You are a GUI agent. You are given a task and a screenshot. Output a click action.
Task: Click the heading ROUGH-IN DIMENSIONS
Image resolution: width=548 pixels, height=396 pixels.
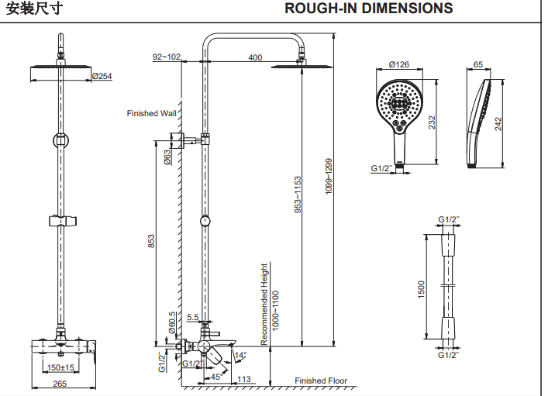pos(368,9)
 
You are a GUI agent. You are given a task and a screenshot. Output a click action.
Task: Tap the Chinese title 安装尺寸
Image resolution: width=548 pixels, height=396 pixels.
pos(30,9)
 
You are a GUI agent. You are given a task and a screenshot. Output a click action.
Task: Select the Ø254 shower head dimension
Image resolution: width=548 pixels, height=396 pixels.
pos(102,76)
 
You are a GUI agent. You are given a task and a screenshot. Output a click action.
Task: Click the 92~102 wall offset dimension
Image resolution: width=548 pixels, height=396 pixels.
pos(166,57)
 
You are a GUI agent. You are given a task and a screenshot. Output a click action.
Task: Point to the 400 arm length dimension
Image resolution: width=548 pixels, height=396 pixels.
pos(255,57)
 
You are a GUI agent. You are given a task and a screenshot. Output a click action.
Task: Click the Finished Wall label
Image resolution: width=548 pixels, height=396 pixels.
pos(152,113)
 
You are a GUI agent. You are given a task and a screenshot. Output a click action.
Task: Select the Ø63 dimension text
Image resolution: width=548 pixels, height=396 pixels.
pos(167,157)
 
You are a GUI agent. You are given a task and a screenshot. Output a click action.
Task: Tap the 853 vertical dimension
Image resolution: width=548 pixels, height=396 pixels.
pos(153,242)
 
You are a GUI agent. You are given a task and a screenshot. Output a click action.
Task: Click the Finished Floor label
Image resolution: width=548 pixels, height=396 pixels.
pos(321,381)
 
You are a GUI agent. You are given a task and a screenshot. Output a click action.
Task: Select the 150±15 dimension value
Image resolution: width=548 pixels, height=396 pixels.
pos(60,367)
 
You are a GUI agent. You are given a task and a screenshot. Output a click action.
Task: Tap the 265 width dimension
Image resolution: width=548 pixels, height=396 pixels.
pos(60,384)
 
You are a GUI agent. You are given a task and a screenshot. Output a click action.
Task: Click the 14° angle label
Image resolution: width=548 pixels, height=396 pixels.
pos(240,355)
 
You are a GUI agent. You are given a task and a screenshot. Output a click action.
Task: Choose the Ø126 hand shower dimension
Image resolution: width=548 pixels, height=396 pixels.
pos(398,64)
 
